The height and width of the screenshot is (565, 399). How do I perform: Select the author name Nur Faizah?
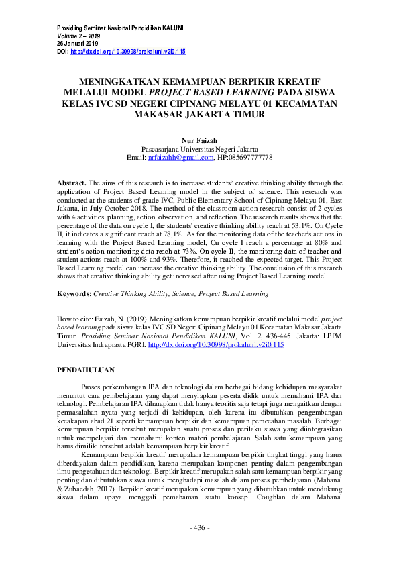200,139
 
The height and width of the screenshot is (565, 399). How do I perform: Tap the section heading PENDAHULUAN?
86,370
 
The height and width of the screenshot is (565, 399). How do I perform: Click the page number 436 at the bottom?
199,528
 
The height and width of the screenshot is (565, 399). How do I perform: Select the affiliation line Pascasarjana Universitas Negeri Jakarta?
200,148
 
